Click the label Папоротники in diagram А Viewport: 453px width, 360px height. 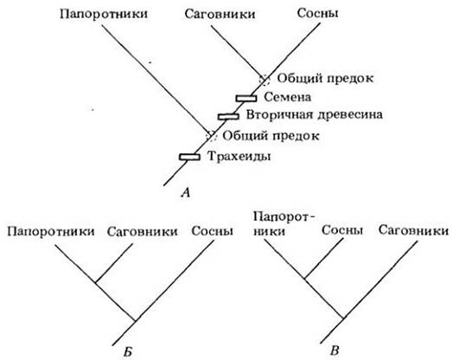coord(104,15)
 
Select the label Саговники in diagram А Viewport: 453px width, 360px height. coord(220,14)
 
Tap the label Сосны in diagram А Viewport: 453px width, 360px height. coord(317,13)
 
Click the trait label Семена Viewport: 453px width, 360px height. coord(288,97)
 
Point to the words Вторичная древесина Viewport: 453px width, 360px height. coord(315,115)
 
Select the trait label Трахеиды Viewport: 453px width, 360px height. coord(239,157)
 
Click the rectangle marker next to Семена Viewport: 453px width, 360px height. coord(246,99)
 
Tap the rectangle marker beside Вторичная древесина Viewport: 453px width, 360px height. coord(228,116)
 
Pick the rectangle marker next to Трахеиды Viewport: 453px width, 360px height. coord(189,157)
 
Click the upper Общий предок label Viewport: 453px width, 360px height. coord(325,79)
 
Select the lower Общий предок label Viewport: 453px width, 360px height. coord(271,136)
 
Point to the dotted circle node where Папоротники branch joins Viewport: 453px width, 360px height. coord(212,135)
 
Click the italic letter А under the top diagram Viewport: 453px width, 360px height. coord(186,193)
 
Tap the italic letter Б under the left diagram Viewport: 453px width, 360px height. coord(128,352)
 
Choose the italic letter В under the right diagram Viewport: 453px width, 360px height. coord(335,351)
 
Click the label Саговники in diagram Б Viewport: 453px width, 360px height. coord(142,232)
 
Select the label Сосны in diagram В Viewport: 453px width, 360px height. coord(342,230)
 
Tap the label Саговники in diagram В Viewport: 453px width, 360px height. coord(414,230)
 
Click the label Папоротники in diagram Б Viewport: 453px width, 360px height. coord(51,232)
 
